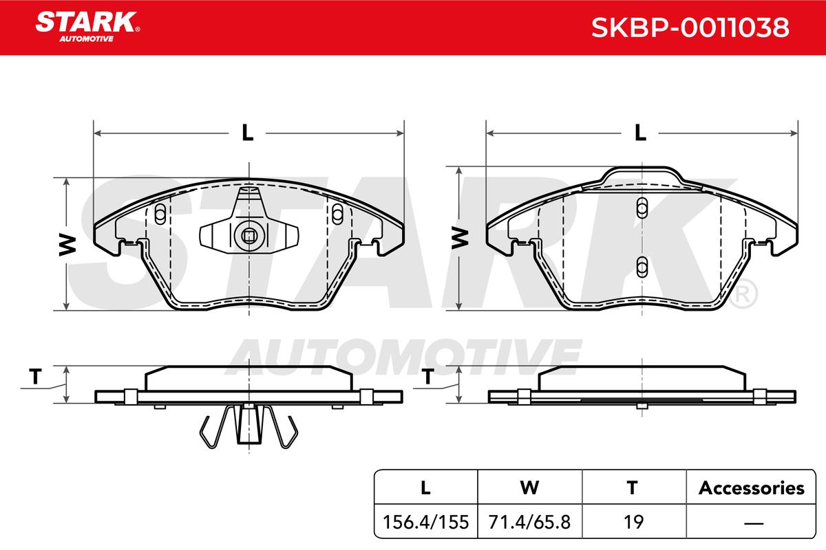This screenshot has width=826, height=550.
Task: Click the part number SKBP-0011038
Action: click(x=690, y=27)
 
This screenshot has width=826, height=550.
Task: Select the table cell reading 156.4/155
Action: click(x=426, y=522)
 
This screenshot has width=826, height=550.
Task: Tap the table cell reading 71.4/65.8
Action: click(x=529, y=522)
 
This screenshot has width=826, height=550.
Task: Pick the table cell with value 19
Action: click(x=633, y=522)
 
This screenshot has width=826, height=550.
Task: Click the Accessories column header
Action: click(x=751, y=487)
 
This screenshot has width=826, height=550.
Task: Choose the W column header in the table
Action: click(x=529, y=487)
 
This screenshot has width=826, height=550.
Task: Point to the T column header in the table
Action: click(x=633, y=487)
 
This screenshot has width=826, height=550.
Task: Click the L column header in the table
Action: click(x=426, y=487)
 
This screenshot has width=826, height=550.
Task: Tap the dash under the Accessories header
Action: click(x=754, y=522)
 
